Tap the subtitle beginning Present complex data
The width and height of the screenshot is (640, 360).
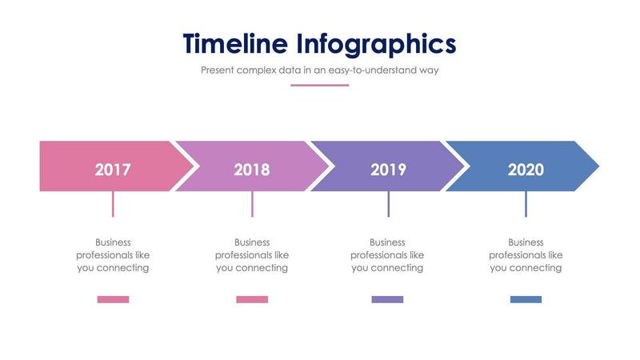click(319, 70)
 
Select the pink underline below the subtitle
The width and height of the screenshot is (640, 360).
click(319, 85)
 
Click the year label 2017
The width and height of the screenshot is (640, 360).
click(113, 170)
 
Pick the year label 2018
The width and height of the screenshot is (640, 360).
click(252, 170)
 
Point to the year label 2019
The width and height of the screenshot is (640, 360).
click(388, 170)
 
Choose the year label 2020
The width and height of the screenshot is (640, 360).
click(526, 170)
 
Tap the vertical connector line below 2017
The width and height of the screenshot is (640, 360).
click(113, 204)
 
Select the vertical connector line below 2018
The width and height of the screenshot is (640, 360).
click(252, 204)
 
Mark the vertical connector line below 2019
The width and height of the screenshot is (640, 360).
click(388, 204)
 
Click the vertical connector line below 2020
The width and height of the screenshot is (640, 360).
click(526, 204)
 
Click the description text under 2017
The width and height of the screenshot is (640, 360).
click(113, 255)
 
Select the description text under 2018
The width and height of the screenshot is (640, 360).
click(252, 255)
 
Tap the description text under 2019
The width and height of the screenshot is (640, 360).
click(387, 255)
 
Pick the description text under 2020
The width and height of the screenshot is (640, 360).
click(526, 255)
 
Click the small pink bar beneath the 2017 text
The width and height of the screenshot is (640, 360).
click(113, 299)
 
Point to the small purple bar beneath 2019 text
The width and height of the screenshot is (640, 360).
click(387, 299)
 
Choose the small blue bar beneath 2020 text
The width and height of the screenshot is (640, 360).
click(526, 299)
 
